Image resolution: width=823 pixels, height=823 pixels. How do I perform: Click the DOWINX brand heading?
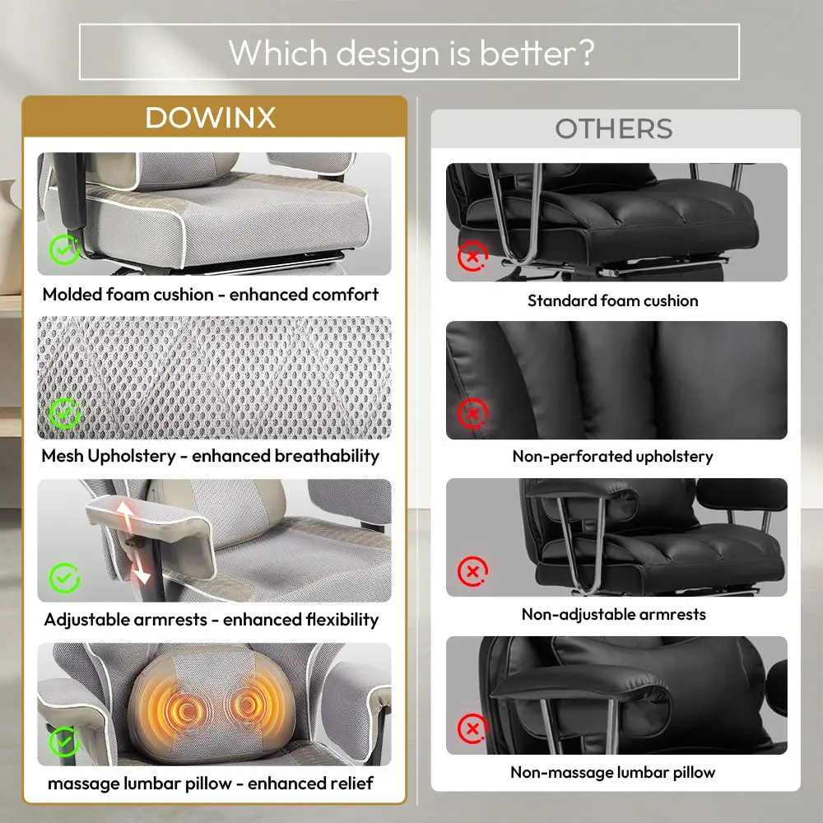pos(210,117)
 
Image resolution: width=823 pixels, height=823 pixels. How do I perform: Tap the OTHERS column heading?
pos(614,128)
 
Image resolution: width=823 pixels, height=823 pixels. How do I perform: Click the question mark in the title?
pos(585,52)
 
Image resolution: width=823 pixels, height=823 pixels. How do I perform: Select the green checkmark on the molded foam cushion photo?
pos(64,249)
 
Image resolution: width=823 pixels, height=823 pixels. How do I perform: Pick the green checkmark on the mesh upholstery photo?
pos(64,413)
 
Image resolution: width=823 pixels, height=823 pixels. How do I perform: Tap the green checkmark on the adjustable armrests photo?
pos(64,578)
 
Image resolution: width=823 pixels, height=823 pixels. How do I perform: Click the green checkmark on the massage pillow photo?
pos(64,742)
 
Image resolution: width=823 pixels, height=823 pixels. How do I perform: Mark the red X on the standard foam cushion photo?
pos(472,256)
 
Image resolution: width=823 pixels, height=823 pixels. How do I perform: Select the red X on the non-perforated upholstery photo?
pos(472,414)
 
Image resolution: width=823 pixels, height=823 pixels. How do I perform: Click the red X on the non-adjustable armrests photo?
pos(472,571)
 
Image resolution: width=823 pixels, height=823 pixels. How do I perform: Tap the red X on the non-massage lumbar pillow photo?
pos(472,728)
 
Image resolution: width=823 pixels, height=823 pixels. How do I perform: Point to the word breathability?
pos(327,456)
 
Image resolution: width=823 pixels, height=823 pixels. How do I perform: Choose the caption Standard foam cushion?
pos(612,300)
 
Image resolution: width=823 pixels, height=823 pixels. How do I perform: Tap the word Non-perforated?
pos(572,457)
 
